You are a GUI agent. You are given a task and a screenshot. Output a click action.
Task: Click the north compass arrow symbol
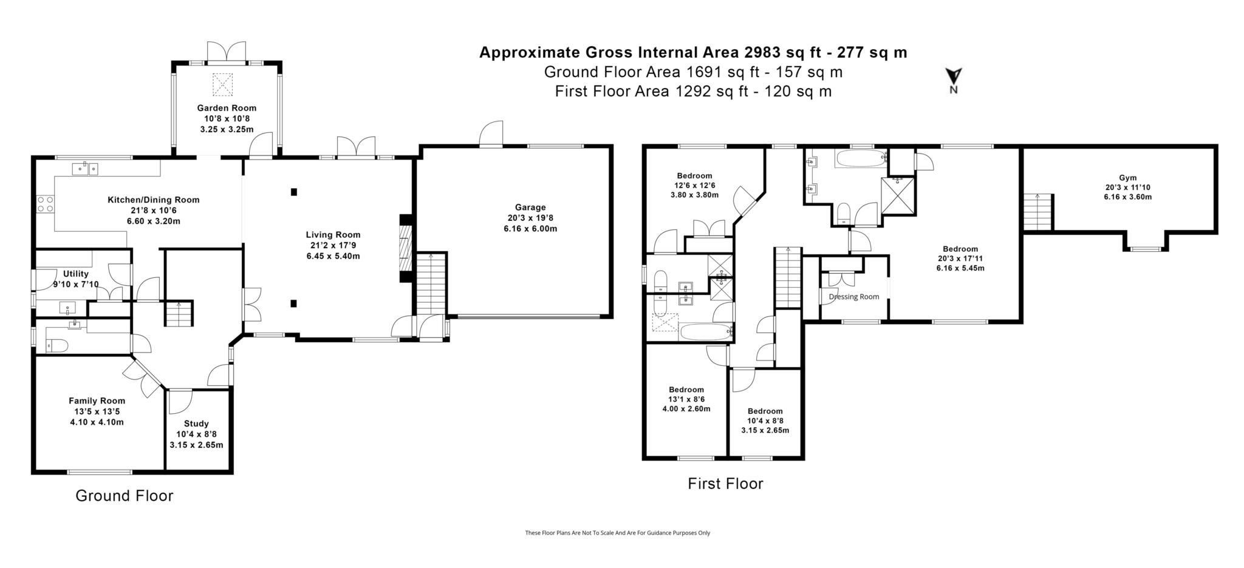(x=954, y=77)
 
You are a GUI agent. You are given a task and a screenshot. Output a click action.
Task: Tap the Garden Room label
(x=227, y=108)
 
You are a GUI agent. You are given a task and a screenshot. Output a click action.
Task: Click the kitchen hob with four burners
(x=46, y=204)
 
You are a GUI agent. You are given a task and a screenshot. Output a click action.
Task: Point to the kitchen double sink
(x=85, y=169)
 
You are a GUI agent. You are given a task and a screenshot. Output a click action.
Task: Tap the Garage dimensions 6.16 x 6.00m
(x=530, y=229)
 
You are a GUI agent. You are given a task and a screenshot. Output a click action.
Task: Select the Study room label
(x=196, y=424)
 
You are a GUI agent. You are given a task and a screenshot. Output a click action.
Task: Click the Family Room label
(x=97, y=401)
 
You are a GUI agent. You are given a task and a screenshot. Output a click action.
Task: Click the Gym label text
(x=1127, y=178)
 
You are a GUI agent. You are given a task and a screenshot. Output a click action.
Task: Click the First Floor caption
(x=725, y=484)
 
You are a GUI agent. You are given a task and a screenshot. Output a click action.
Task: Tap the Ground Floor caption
(x=124, y=496)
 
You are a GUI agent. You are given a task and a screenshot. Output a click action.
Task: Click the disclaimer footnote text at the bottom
(x=617, y=533)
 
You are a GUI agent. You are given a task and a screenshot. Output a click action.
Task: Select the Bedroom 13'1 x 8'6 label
(x=686, y=390)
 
